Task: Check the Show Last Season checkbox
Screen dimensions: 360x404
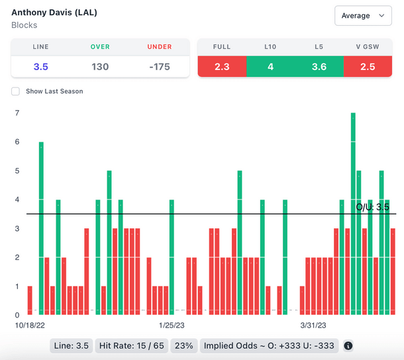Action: pyautogui.click(x=15, y=91)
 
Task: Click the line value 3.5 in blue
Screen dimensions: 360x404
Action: pyautogui.click(x=40, y=66)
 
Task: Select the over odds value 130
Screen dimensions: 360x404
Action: pyautogui.click(x=100, y=66)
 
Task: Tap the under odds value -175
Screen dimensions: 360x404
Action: pyautogui.click(x=159, y=66)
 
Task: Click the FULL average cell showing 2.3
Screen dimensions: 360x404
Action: pyautogui.click(x=222, y=66)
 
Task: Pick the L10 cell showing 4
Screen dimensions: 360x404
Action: pyautogui.click(x=270, y=66)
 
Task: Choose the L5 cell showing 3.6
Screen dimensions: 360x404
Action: pyautogui.click(x=319, y=66)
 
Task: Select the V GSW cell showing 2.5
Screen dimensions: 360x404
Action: pyautogui.click(x=368, y=66)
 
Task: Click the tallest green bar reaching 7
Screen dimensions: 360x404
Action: pyautogui.click(x=353, y=212)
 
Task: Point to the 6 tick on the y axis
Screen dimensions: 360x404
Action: pyautogui.click(x=17, y=142)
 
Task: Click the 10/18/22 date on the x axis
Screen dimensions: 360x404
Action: pyautogui.click(x=30, y=325)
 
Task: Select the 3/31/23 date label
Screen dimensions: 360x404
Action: pyautogui.click(x=315, y=325)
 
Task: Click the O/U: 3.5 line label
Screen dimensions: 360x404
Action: pyautogui.click(x=372, y=207)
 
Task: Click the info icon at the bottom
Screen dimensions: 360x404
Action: pyautogui.click(x=348, y=345)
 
